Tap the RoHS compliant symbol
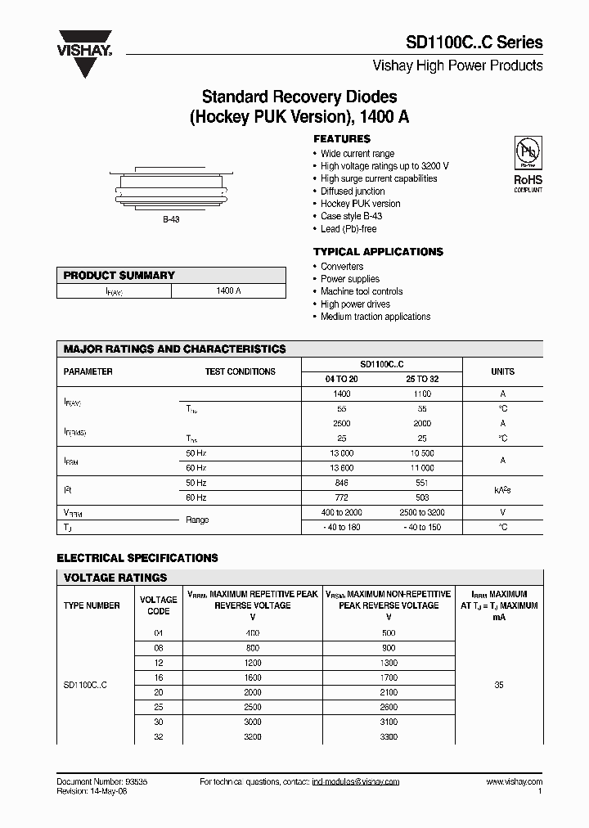click(527, 164)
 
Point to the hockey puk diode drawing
click(171, 188)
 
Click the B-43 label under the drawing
click(171, 221)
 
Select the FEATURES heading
click(342, 139)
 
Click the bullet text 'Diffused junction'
click(353, 191)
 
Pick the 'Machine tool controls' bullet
click(362, 291)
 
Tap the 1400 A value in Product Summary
click(228, 291)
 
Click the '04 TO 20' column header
click(343, 379)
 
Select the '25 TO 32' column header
click(422, 379)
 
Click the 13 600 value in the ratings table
click(343, 467)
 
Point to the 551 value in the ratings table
click(422, 483)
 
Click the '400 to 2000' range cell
click(343, 512)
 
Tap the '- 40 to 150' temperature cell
click(422, 527)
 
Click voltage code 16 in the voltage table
click(159, 677)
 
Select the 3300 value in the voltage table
click(389, 736)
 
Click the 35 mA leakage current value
click(499, 685)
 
